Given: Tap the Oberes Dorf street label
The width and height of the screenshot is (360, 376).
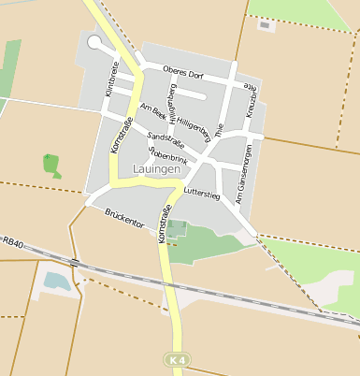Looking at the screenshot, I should (x=182, y=71).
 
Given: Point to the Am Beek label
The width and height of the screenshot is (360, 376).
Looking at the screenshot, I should (x=152, y=109).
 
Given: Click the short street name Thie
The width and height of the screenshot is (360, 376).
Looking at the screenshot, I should (x=220, y=131).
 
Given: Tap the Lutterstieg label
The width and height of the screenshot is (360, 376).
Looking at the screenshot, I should (x=201, y=194).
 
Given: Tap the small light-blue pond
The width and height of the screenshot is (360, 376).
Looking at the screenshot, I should (x=56, y=279).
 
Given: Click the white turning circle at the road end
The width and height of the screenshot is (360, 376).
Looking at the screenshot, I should (x=94, y=42).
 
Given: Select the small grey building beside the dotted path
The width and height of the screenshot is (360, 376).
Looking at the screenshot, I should (x=265, y=25).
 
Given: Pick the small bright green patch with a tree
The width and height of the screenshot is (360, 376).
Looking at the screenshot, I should (x=50, y=164).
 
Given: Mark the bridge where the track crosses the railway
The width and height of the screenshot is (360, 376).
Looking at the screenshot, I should (x=73, y=263).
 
